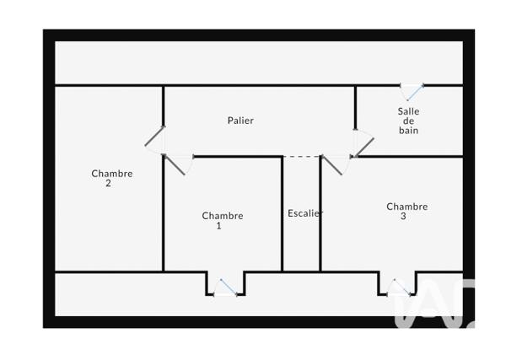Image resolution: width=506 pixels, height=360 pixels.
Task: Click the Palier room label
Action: (240, 121)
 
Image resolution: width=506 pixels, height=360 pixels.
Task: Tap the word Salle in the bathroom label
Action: (408, 111)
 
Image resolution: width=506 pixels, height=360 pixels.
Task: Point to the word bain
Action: (408, 131)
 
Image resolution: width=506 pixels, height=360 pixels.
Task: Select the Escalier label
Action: (305, 213)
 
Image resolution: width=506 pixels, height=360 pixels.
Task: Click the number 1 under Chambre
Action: (218, 226)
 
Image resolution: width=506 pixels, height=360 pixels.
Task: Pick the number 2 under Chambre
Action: (108, 184)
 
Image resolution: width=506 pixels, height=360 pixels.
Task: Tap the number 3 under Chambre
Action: (403, 217)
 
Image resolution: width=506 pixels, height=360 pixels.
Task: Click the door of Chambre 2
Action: (154, 136)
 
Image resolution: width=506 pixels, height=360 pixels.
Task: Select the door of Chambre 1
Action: (175, 165)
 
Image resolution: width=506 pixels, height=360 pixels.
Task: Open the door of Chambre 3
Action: (332, 165)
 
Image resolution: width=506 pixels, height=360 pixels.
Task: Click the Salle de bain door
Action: (364, 148)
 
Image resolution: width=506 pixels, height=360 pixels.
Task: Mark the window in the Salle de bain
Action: (412, 90)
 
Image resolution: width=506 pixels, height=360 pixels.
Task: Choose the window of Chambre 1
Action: (225, 288)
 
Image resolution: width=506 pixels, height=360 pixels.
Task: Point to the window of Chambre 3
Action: (399, 287)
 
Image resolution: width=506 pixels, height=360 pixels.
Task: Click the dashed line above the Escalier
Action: (302, 157)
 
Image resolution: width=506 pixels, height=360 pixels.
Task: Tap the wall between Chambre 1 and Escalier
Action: (282, 214)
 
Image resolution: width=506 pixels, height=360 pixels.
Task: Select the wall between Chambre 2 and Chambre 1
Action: (163, 214)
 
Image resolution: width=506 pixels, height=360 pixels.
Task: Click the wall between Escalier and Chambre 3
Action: (320, 214)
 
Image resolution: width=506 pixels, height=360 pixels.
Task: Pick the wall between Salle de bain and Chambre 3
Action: (409, 157)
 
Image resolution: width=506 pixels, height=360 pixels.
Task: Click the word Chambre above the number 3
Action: (407, 207)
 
